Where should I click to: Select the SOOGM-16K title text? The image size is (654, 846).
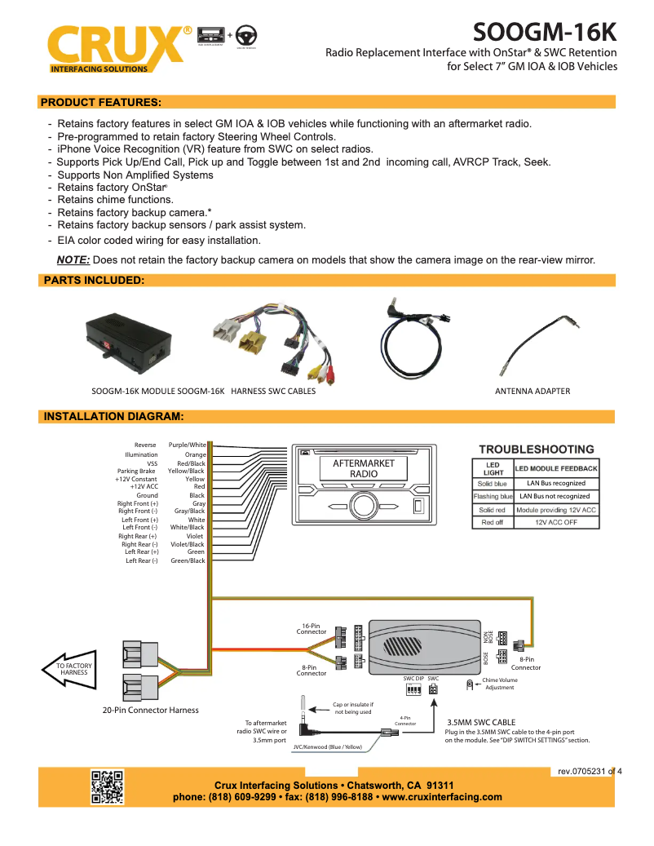pyautogui.click(x=545, y=33)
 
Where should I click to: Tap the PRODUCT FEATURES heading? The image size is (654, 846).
pyautogui.click(x=100, y=102)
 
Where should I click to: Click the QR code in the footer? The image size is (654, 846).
pyautogui.click(x=107, y=786)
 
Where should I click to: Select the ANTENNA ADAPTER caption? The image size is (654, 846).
pyautogui.click(x=532, y=391)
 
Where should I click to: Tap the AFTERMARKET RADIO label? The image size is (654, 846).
pyautogui.click(x=364, y=468)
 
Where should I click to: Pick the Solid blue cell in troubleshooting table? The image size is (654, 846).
pyautogui.click(x=493, y=484)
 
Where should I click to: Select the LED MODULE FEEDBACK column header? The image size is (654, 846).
pyautogui.click(x=556, y=468)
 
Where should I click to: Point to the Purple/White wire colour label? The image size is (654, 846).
pyautogui.click(x=187, y=445)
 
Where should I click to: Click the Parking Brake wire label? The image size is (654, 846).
pyautogui.click(x=135, y=471)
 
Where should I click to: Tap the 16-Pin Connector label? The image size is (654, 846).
pyautogui.click(x=311, y=629)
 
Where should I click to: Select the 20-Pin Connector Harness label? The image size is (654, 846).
pyautogui.click(x=150, y=710)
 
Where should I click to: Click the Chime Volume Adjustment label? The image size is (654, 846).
pyautogui.click(x=499, y=684)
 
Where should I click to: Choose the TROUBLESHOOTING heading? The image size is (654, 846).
pyautogui.click(x=536, y=449)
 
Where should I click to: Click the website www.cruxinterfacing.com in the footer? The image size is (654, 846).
pyautogui.click(x=441, y=797)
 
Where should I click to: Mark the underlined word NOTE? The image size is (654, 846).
pyautogui.click(x=73, y=260)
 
